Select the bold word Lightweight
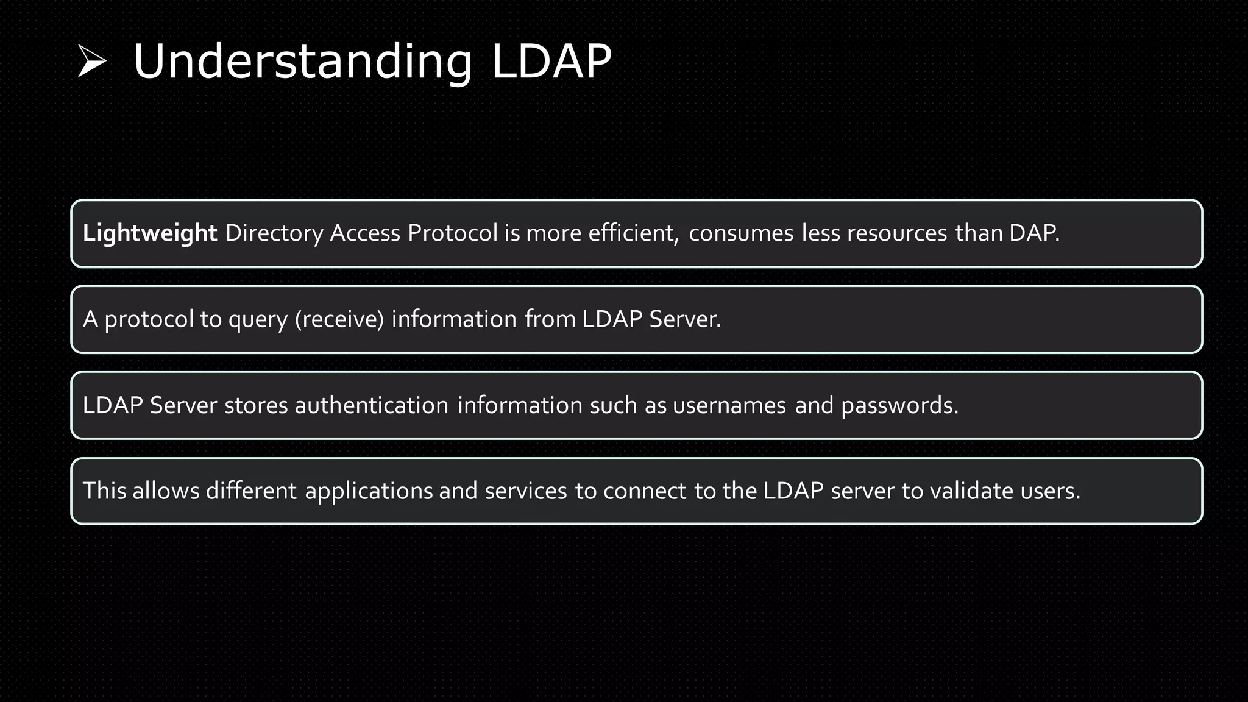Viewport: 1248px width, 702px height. click(x=149, y=233)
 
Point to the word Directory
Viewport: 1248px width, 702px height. click(x=274, y=233)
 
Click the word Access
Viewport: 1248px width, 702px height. click(x=365, y=233)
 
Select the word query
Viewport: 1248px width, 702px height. click(x=258, y=320)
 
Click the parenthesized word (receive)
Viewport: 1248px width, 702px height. click(x=339, y=320)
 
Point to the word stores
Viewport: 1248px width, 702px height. click(x=256, y=406)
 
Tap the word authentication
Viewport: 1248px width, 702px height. click(x=372, y=406)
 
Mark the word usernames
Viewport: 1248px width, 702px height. click(x=729, y=406)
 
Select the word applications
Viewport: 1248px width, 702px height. click(x=369, y=491)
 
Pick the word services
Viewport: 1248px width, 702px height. click(x=526, y=491)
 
